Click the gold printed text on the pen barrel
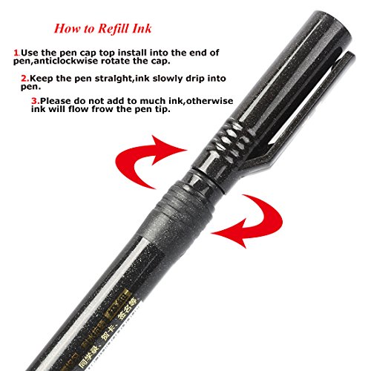point(74,326)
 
